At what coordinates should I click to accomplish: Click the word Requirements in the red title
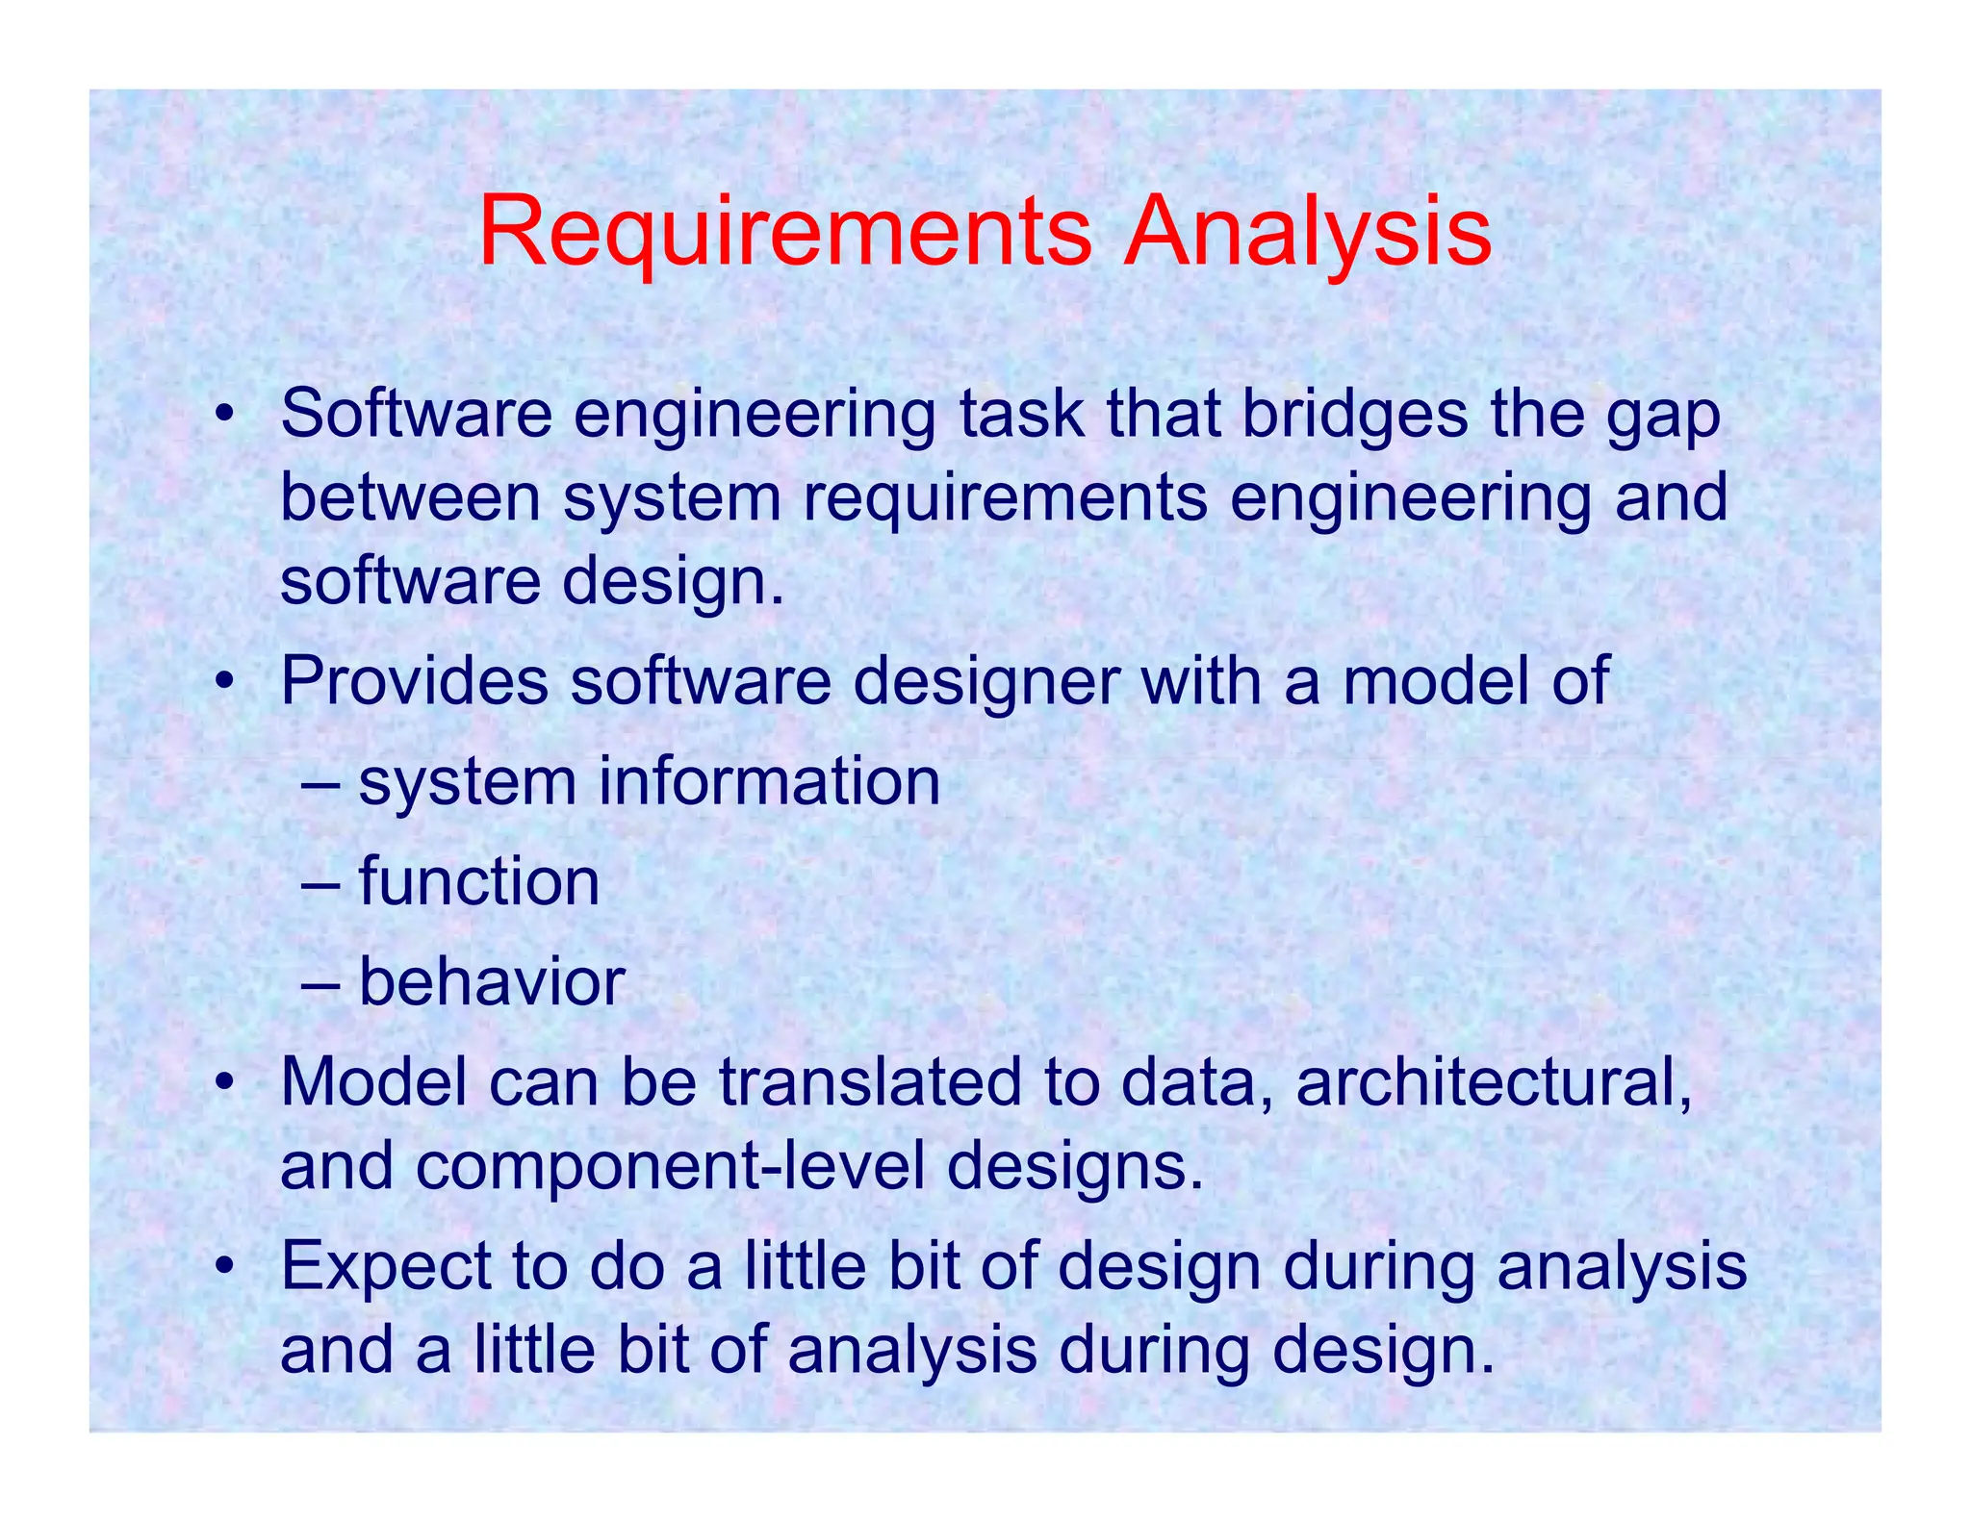tap(784, 233)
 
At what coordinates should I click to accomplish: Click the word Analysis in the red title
tap(1308, 233)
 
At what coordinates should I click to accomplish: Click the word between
tap(410, 497)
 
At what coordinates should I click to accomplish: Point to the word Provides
tap(414, 681)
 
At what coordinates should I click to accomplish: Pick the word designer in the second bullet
tap(985, 681)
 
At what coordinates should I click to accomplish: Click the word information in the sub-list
tap(769, 781)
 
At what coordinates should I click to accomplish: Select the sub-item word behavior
tap(492, 982)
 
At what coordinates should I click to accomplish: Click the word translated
tap(870, 1082)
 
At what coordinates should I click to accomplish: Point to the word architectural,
tap(1494, 1082)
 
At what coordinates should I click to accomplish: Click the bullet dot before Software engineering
tap(224, 416)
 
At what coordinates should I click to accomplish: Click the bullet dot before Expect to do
tap(224, 1267)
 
